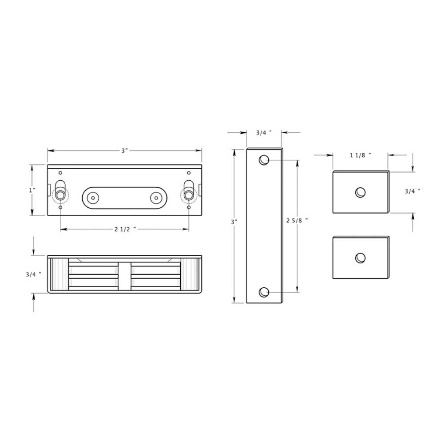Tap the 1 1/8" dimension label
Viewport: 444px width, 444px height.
[x=360, y=155]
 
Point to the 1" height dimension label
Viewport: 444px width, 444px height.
[x=32, y=190]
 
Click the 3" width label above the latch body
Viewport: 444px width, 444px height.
[x=124, y=151]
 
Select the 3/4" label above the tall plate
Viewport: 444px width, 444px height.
[x=264, y=132]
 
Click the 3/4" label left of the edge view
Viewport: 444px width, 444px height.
[x=34, y=274]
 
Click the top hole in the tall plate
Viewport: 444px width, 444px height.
[x=264, y=160]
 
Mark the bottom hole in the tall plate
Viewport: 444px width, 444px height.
[x=264, y=292]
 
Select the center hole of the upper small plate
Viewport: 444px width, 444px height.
[x=361, y=192]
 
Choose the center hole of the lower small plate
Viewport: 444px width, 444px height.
[x=361, y=258]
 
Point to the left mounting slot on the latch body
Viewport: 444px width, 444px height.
[x=60, y=191]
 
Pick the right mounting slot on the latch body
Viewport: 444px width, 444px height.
[x=189, y=191]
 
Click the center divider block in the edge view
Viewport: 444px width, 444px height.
[x=125, y=275]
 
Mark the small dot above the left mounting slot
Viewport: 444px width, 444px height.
[x=60, y=173]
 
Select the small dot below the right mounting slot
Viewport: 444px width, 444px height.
[x=189, y=207]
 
